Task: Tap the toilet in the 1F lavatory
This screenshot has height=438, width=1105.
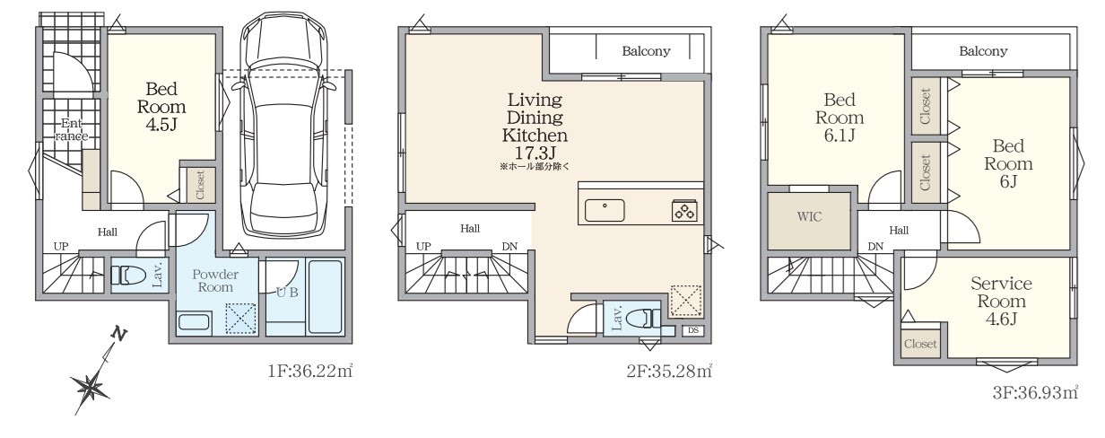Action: (x=127, y=275)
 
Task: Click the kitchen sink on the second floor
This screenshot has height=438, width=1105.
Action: (x=605, y=210)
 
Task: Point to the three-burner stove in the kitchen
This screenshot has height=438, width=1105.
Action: (x=684, y=210)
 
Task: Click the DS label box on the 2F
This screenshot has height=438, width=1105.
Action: (x=693, y=330)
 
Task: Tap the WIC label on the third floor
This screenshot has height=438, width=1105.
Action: (x=809, y=216)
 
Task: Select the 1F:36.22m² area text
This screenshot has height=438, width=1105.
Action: (x=309, y=371)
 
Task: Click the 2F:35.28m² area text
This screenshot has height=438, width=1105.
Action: (x=669, y=371)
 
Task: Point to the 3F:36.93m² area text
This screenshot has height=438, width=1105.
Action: (x=1035, y=392)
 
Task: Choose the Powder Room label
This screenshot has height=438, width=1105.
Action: (x=215, y=280)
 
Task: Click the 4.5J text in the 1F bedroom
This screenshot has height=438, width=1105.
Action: (x=161, y=125)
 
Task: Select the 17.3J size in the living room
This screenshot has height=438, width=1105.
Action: (x=535, y=152)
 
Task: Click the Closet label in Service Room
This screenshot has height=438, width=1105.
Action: (x=920, y=344)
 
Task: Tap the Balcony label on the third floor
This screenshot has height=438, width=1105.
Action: (x=983, y=51)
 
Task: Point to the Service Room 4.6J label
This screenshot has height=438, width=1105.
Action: (x=1001, y=301)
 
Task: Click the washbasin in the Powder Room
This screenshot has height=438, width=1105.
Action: (x=194, y=322)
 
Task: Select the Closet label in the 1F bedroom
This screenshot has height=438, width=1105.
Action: (x=200, y=185)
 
